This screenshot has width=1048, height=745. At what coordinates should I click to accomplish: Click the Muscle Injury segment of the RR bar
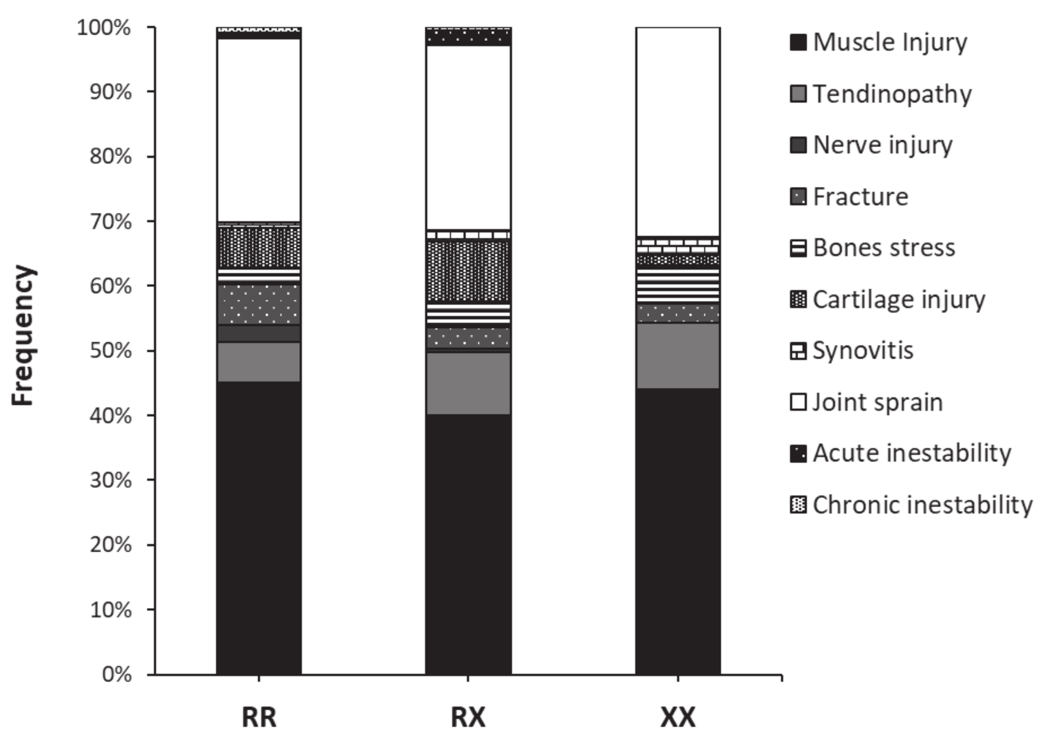pos(259,527)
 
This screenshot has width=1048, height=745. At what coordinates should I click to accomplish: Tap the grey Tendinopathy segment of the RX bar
pos(468,384)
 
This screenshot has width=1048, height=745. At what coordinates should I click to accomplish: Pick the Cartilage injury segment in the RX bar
pos(468,271)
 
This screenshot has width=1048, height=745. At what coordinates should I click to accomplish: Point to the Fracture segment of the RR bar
pos(259,304)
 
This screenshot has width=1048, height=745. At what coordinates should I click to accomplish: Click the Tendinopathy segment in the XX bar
pos(678,356)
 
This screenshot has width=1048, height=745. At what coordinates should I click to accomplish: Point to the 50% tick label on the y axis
pos(111,351)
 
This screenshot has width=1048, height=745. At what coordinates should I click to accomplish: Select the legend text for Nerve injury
pos(882,145)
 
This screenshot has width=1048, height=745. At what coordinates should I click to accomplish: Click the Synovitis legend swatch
pos(798,351)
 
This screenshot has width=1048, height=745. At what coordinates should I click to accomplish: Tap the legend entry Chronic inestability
pos(922,505)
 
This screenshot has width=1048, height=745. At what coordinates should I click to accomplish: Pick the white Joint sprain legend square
pos(798,402)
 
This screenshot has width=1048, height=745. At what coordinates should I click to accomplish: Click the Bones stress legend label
pos(883,248)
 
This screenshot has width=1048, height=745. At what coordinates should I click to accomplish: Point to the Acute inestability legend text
pos(912,453)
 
